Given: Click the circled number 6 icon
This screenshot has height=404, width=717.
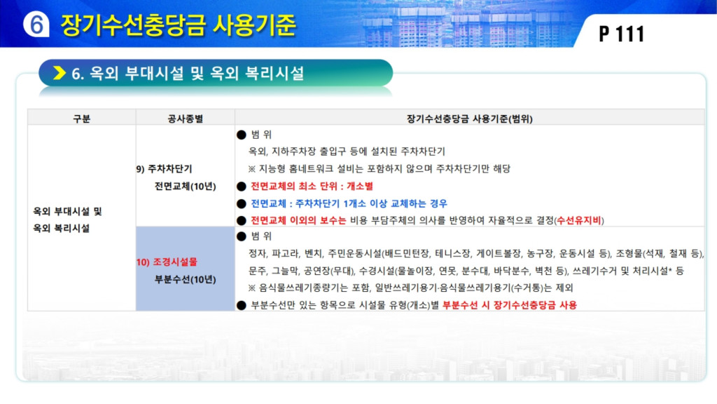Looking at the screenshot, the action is [36, 24].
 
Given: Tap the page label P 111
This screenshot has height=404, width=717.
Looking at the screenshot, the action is [622, 34].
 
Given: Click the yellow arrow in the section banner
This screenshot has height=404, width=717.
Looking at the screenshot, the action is [60, 73].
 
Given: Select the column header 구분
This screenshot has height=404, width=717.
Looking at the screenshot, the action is [81, 119].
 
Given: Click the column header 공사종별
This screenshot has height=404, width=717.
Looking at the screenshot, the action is [185, 119].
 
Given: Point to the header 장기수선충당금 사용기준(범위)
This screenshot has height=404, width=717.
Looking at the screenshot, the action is [470, 119].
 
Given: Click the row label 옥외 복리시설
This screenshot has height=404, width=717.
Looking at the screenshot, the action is [62, 228].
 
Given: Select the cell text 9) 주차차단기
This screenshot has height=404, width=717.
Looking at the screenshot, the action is [164, 169].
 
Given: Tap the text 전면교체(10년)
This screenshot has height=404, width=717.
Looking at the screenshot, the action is [185, 187].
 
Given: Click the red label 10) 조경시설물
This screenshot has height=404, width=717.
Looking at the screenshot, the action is [167, 262].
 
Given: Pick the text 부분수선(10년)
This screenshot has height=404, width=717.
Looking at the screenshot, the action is [185, 279].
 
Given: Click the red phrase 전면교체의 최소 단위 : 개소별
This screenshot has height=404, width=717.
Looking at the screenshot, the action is [312, 187].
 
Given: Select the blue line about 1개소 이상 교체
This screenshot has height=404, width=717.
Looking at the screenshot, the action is [349, 203].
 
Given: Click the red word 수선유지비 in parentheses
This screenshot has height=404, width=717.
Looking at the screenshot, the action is [579, 220].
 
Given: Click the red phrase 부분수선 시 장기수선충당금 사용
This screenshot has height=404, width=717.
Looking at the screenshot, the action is [510, 305].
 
